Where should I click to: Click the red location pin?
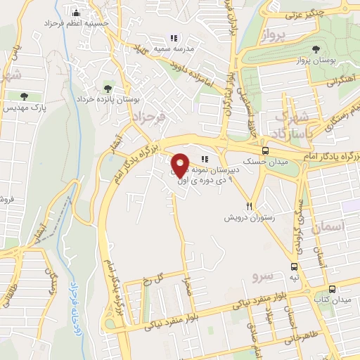180,164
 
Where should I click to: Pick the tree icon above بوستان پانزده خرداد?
108,89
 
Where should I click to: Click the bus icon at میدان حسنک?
265,150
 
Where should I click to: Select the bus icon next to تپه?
293,266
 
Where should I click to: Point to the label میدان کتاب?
335,300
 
